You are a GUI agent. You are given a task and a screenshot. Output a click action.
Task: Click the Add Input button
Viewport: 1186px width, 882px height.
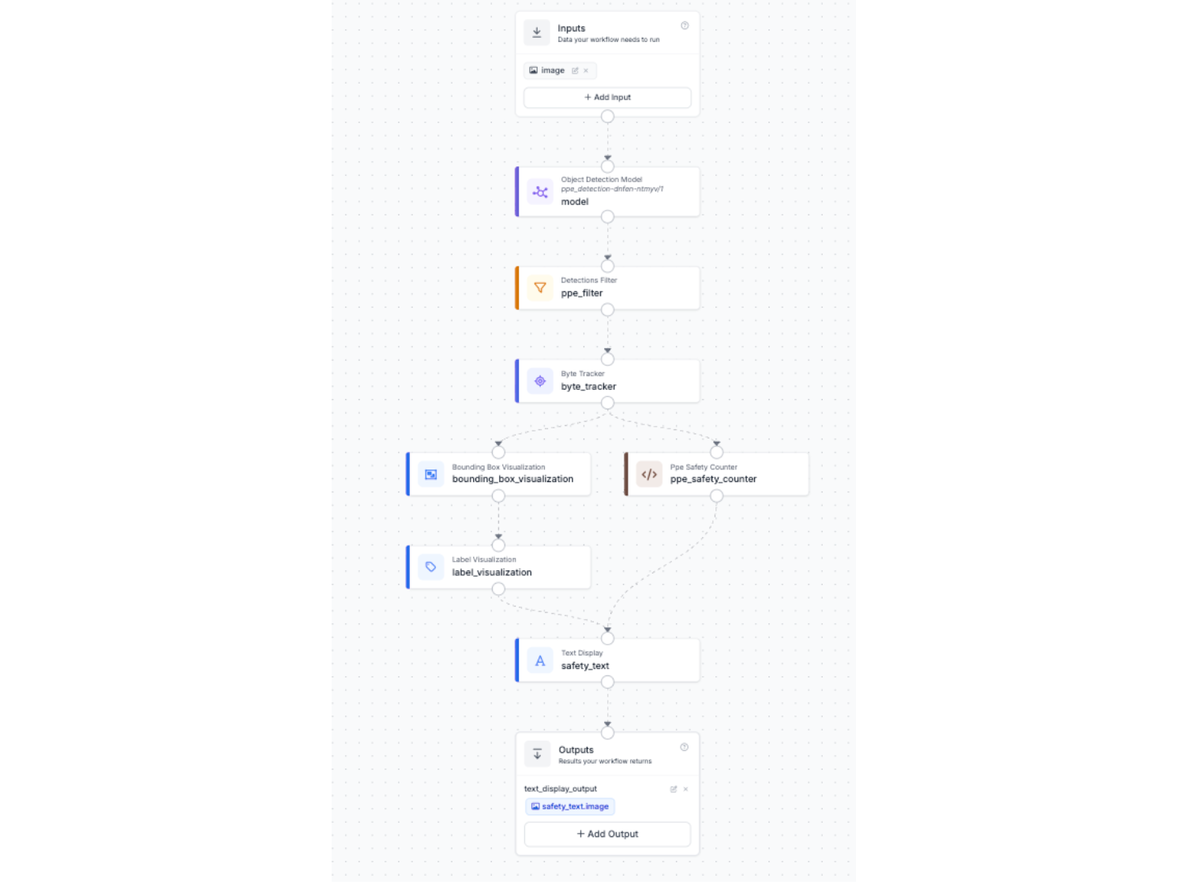[x=607, y=97]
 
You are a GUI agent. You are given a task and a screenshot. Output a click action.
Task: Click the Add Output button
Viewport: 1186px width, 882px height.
[x=607, y=833]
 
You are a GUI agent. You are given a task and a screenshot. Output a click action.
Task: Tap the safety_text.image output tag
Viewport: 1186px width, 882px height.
[x=570, y=806]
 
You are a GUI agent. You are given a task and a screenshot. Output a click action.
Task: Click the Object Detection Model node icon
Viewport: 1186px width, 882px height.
[x=540, y=192]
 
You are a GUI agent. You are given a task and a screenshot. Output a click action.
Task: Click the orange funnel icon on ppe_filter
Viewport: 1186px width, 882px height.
[x=540, y=288]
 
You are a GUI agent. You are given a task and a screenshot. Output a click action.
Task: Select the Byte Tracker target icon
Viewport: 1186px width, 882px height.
[x=540, y=381]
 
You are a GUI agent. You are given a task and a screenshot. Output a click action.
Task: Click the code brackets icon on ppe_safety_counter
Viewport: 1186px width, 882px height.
[x=649, y=474]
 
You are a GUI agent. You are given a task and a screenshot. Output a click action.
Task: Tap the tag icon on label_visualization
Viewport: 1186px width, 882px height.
[x=431, y=566]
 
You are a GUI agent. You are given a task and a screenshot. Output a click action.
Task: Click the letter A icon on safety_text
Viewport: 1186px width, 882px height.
[x=540, y=661]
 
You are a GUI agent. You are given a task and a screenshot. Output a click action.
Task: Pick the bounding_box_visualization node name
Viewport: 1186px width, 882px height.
[x=512, y=479]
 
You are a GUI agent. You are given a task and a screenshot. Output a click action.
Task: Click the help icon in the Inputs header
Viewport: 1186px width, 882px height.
[x=685, y=26]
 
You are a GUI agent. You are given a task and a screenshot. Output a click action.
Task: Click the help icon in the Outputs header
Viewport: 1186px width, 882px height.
[x=684, y=747]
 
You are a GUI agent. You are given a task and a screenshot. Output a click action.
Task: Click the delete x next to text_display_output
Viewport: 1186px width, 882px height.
[x=685, y=789]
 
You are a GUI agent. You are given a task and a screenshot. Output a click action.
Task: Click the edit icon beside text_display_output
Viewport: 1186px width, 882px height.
[x=674, y=789]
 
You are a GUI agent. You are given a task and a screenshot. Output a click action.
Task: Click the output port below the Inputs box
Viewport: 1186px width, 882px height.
[x=607, y=117]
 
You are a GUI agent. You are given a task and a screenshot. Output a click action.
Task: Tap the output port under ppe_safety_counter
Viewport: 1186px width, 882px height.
[x=716, y=495]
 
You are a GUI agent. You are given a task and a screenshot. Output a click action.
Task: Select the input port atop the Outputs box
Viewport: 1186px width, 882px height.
[x=607, y=732]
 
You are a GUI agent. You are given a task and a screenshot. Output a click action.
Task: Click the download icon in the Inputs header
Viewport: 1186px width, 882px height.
[x=537, y=32]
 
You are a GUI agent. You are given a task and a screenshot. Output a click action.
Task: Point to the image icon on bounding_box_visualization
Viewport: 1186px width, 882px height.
[x=431, y=474]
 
